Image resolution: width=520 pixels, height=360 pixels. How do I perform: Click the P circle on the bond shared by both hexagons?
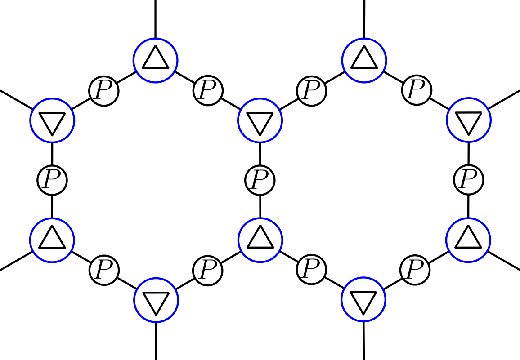click(x=260, y=180)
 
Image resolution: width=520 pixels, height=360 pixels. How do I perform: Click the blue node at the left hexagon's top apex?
click(x=156, y=60)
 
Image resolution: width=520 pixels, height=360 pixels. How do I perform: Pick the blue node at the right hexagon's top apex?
click(x=364, y=60)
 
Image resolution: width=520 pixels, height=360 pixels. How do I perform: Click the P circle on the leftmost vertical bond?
click(x=52, y=180)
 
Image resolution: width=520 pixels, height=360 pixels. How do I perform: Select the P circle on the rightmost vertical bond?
click(x=469, y=180)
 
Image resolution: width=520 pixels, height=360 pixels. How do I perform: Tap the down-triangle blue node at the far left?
click(x=52, y=120)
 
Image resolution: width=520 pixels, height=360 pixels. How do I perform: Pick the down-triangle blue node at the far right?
click(x=468, y=120)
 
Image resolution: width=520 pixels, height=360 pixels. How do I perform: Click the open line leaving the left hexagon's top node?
click(x=156, y=18)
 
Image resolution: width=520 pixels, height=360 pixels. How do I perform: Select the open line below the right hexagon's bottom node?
click(x=363, y=342)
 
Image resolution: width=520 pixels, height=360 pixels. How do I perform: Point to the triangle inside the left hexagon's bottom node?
click(x=156, y=302)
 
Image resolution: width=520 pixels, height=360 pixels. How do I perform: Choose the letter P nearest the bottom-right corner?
click(x=415, y=270)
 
